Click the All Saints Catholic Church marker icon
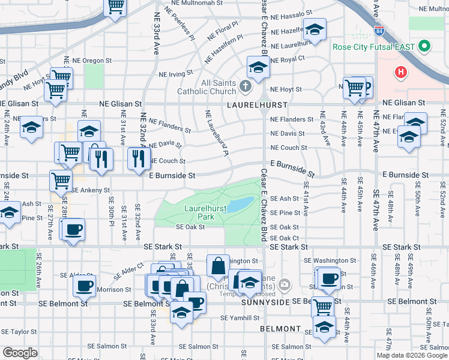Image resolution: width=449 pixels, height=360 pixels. coord(245,86)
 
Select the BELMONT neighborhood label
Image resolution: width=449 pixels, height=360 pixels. coord(280,329)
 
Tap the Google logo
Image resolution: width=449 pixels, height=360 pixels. coord(20,353)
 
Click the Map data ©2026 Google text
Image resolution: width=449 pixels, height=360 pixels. coord(411,355)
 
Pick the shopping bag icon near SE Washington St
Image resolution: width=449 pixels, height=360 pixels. coord(218,264)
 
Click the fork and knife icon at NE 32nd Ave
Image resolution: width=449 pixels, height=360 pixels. coord(139,158)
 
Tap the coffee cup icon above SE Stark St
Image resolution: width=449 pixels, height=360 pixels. coord(74,229)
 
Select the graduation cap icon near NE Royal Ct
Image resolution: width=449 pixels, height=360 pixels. coord(258,67)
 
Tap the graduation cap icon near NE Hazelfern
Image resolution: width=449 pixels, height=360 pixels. coord(313,29)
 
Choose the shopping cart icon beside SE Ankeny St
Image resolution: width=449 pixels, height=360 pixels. coord(61,179)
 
